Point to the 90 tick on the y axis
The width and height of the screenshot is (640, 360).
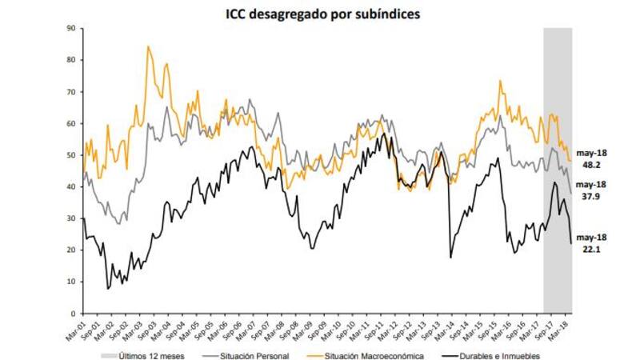click(x=71, y=28)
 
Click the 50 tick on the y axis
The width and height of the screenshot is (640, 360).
click(x=71, y=155)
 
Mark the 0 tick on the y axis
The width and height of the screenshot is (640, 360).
click(x=73, y=314)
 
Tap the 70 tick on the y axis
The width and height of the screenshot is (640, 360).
click(x=71, y=92)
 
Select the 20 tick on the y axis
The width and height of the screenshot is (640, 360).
click(x=71, y=250)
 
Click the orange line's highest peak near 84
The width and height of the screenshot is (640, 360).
click(x=148, y=46)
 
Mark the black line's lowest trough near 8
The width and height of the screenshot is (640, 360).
click(x=107, y=288)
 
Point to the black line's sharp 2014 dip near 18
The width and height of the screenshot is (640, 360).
click(x=450, y=257)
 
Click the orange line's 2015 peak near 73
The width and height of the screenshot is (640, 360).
click(x=500, y=81)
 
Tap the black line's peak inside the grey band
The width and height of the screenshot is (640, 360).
click(x=554, y=182)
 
